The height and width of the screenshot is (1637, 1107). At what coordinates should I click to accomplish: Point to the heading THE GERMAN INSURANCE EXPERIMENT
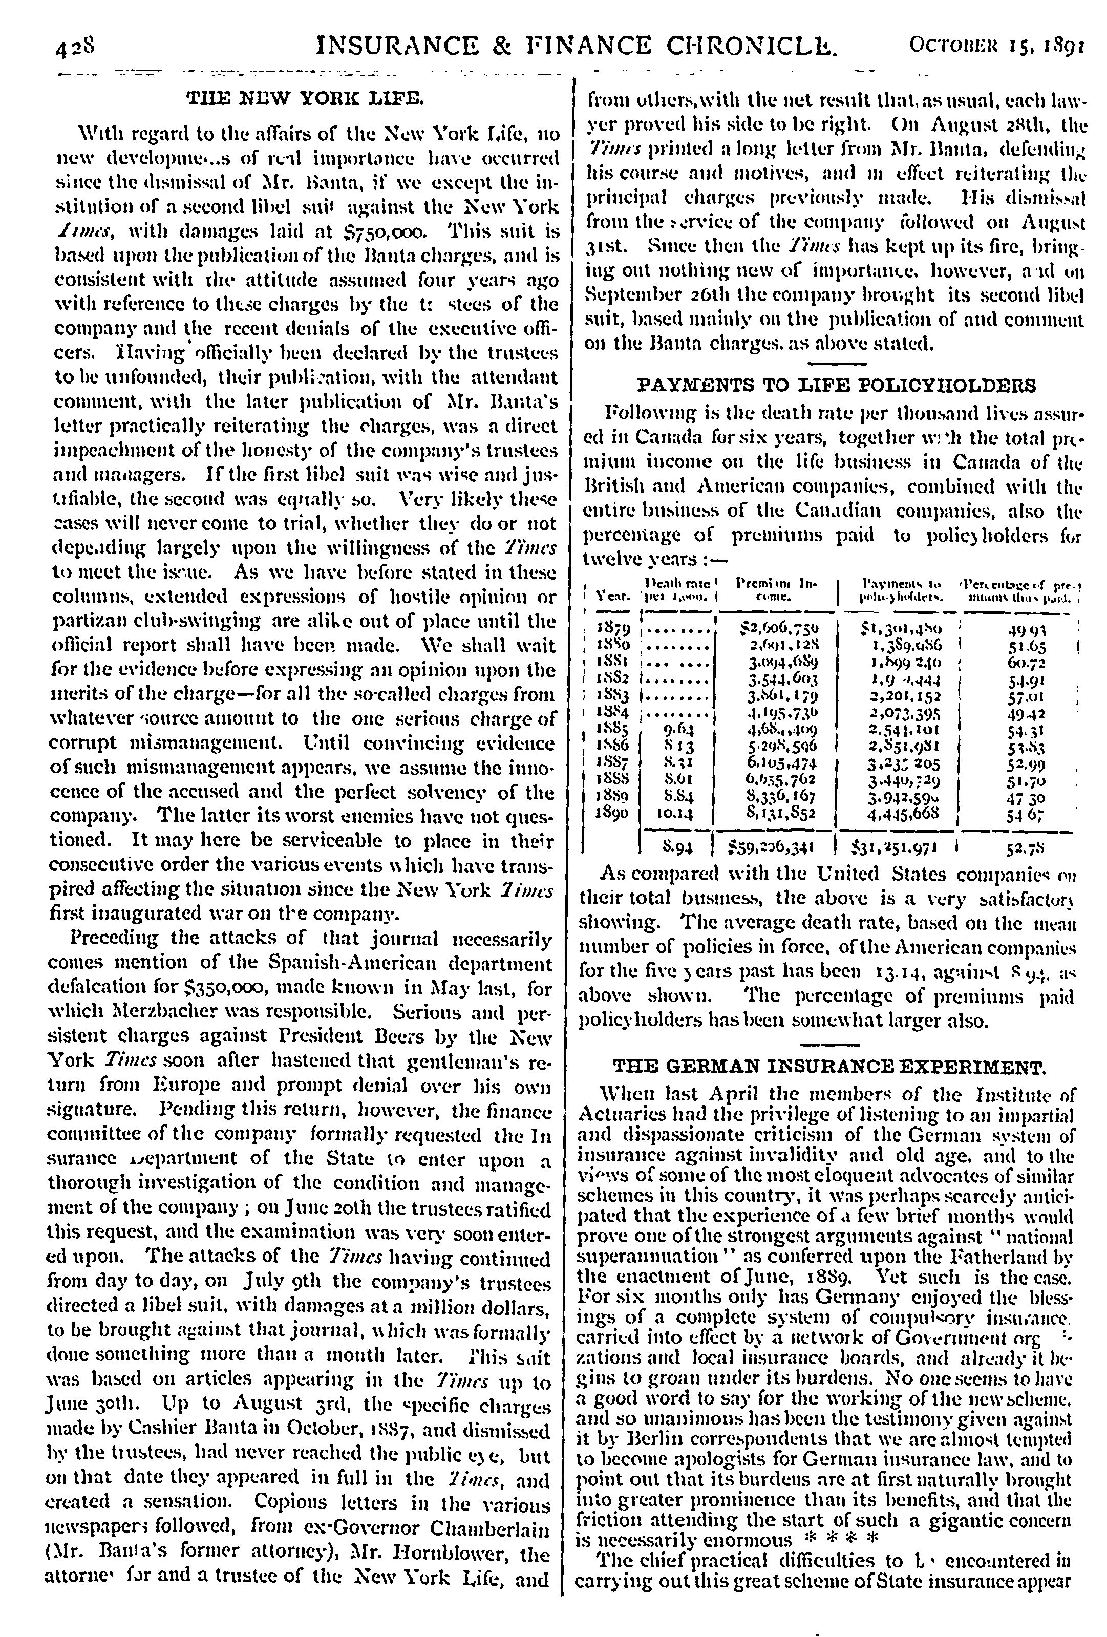pos(829,1067)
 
